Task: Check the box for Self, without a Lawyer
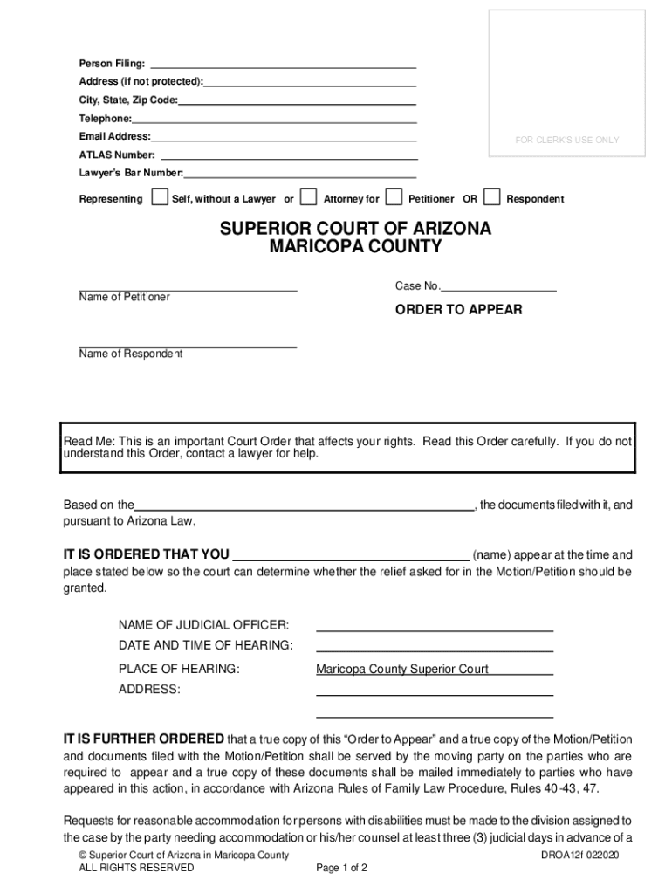159,196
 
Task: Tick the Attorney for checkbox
308,196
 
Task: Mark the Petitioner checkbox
394,196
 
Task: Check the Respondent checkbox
492,196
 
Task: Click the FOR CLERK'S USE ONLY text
566,141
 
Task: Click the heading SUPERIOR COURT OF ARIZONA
355,229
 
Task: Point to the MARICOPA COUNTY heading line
355,247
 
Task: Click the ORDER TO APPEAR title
459,310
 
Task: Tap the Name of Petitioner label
125,298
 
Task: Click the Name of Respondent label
131,354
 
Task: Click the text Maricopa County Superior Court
402,670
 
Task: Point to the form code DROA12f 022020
579,856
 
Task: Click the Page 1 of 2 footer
342,869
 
